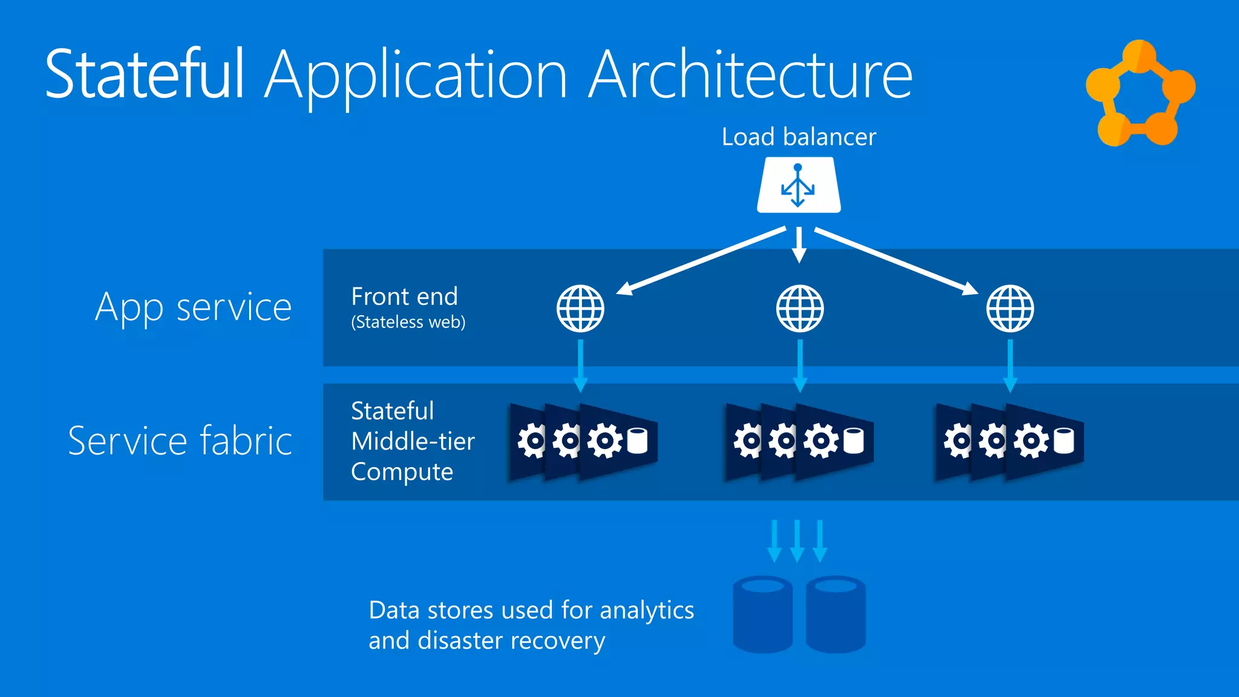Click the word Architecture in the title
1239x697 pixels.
pos(750,74)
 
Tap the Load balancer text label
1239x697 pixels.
pos(799,137)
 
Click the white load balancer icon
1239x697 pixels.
pos(799,185)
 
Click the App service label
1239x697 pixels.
pos(194,307)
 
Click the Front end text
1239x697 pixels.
pos(404,296)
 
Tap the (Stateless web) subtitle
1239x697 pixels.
pos(408,322)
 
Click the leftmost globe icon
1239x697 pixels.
pos(580,309)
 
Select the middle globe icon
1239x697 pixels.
pos(800,309)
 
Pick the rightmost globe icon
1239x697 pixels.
pos(1010,309)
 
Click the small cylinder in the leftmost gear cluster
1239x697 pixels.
pos(637,440)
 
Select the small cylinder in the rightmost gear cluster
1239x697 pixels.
pos(1064,440)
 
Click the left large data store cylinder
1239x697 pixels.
pos(762,614)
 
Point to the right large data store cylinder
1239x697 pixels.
pos(835,614)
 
